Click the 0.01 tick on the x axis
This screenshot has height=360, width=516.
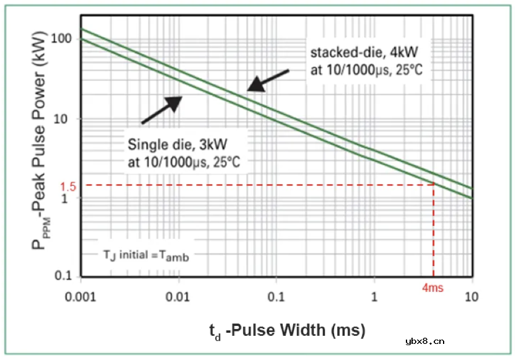click(179, 296)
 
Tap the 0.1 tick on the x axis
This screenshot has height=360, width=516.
click(277, 296)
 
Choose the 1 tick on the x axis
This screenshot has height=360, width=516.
click(374, 296)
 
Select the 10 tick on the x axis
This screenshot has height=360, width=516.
click(471, 296)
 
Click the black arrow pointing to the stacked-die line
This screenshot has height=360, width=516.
click(268, 81)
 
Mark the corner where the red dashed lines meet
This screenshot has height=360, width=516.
click(433, 184)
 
